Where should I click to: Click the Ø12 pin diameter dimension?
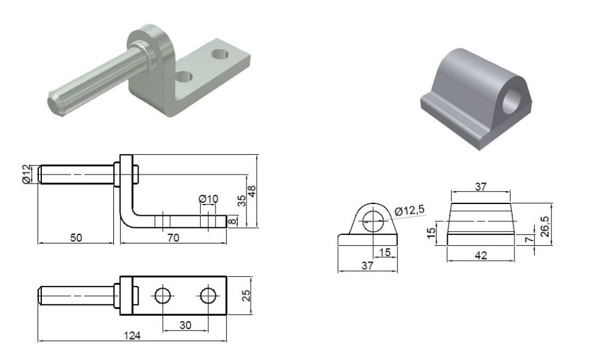(26, 174)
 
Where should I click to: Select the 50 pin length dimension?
(76, 238)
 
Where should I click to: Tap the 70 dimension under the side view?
(173, 238)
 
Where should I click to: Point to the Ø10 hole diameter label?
(208, 199)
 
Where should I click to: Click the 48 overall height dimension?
(252, 191)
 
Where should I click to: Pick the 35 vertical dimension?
(242, 201)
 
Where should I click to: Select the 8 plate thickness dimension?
(233, 221)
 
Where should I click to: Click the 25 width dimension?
(246, 295)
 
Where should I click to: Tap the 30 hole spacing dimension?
(185, 325)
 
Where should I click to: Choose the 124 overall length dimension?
(132, 335)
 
